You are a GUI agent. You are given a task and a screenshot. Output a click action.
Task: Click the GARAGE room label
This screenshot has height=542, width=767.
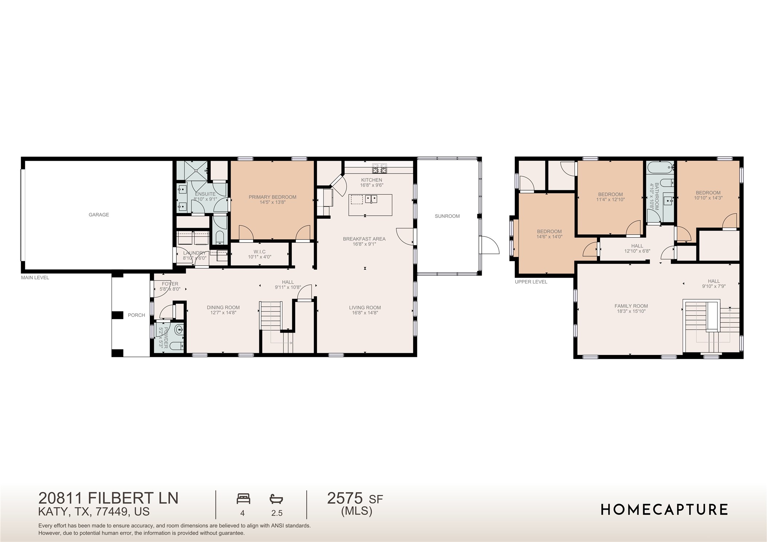pos(99,215)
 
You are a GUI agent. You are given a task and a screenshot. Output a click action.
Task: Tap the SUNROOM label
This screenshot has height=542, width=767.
pos(447,216)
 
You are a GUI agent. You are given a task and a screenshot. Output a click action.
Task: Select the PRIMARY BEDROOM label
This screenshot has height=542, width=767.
pos(272,197)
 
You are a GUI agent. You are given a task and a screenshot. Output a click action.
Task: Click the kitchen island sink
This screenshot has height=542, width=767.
pos(371,199)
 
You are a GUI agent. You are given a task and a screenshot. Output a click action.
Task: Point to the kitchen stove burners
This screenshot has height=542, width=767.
pos(379,169)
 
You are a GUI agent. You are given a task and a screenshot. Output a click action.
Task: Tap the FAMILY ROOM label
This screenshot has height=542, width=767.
pos(631,306)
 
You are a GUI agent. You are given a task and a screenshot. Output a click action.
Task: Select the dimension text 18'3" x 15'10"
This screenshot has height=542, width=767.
pos(631,311)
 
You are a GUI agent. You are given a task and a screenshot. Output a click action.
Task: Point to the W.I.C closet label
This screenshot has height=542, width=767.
pos(259,252)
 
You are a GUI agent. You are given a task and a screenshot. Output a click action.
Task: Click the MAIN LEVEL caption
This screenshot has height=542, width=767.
pos(35,278)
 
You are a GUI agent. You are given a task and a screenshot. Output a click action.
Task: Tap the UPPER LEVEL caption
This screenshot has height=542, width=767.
pos(530,282)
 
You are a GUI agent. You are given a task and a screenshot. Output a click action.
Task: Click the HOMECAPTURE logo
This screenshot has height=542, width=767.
pos(664,510)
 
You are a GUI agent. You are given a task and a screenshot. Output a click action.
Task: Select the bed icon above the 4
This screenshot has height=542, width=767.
pos(243,498)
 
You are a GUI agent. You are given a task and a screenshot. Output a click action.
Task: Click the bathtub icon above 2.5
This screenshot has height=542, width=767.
pos(276,499)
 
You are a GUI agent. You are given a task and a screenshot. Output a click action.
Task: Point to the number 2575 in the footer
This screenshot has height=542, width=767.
pos(345,498)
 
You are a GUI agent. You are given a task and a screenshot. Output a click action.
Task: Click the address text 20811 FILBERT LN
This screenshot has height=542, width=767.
pos(108,498)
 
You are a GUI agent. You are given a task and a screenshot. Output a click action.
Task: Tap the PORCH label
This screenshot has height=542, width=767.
pos(136,315)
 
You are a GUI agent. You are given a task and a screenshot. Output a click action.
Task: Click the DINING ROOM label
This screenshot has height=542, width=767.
pos(223,307)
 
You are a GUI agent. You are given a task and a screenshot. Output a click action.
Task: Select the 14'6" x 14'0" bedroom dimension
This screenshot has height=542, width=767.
pos(549,237)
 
